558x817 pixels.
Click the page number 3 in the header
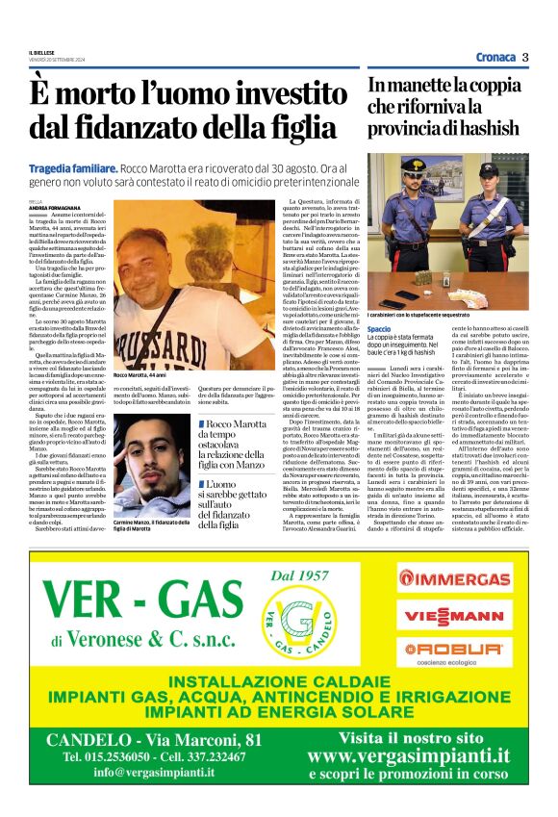(525, 57)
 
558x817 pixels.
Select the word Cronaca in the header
(495, 58)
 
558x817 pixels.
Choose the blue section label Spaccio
(379, 329)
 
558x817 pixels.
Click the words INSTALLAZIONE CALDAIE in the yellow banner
(279, 683)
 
